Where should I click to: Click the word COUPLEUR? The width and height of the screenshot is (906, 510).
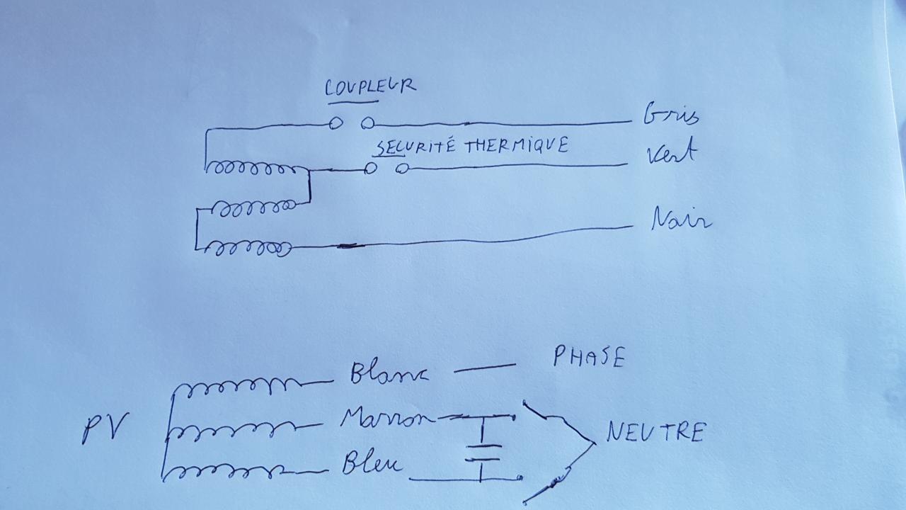point(369,87)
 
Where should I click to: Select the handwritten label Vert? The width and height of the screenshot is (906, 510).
point(671,153)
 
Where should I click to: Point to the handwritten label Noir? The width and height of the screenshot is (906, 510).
point(680,220)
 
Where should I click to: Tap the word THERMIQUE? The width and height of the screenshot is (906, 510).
point(516,146)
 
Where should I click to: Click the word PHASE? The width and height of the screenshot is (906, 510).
point(589,357)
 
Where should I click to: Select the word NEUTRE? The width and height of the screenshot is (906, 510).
point(655,432)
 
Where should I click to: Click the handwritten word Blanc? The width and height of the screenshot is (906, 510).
point(389,373)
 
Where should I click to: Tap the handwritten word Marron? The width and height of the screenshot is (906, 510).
point(387,418)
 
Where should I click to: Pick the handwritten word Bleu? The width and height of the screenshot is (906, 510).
point(372,464)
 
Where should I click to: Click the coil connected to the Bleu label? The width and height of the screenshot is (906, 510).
point(234,470)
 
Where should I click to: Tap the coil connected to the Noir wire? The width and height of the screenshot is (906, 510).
point(252,249)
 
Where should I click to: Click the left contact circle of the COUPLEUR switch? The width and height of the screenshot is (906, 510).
point(336,123)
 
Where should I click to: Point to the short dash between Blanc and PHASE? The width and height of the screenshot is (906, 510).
point(484,368)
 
